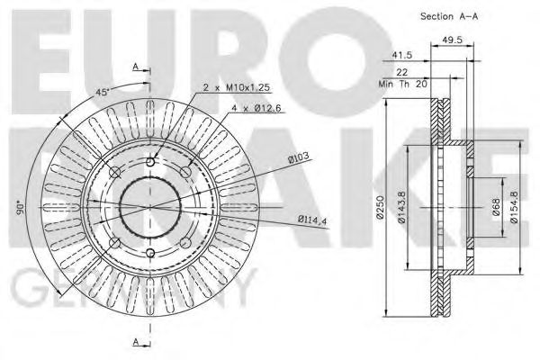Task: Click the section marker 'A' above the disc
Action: [x=136, y=67]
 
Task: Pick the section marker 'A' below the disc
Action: [x=136, y=342]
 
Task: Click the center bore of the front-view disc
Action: [x=149, y=205]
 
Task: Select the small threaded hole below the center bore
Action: [x=149, y=250]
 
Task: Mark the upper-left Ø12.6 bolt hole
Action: [x=114, y=172]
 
